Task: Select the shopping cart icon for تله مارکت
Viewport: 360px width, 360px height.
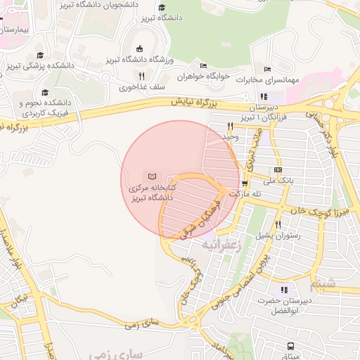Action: click(244, 184)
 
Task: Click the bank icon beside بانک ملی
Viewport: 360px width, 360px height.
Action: click(278, 170)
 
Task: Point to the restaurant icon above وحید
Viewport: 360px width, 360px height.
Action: click(230, 127)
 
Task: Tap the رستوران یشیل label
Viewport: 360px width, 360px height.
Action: click(278, 236)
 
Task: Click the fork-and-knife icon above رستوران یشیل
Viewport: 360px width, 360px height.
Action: click(278, 225)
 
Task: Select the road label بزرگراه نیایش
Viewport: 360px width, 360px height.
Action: click(198, 102)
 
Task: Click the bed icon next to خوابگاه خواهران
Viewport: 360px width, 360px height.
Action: click(203, 65)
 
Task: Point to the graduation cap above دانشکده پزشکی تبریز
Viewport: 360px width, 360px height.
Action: click(40, 55)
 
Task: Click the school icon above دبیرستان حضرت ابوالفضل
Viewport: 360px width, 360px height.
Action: click(284, 290)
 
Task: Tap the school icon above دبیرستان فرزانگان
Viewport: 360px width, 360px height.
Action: click(264, 96)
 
